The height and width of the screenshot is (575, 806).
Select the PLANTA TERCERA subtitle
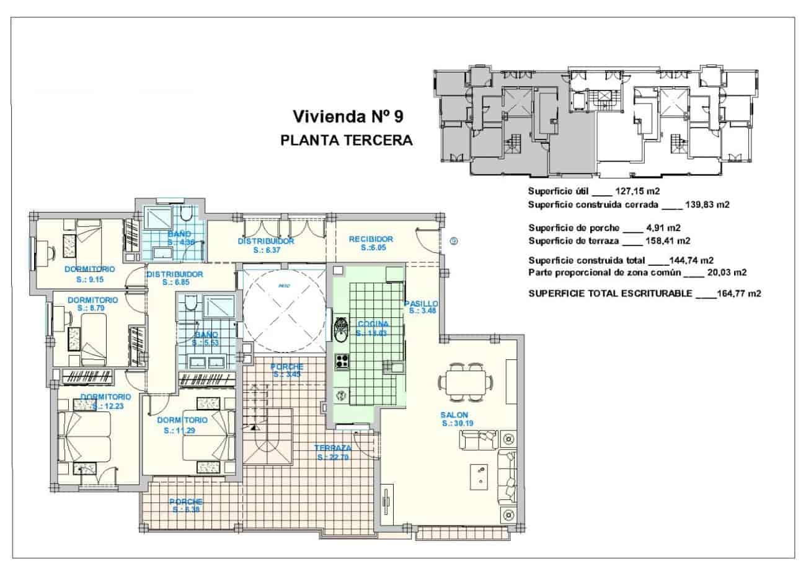pyautogui.click(x=347, y=140)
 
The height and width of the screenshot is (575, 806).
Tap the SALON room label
pyautogui.click(x=454, y=415)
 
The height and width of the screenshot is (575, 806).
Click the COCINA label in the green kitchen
pyautogui.click(x=373, y=324)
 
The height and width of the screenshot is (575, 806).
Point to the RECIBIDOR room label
pyautogui.click(x=371, y=239)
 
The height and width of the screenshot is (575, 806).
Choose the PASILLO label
pyautogui.click(x=421, y=304)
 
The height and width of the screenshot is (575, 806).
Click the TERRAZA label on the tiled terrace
pyautogui.click(x=333, y=448)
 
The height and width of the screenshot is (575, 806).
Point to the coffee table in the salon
pyautogui.click(x=479, y=476)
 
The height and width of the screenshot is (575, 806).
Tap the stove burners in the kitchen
pyautogui.click(x=342, y=362)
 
